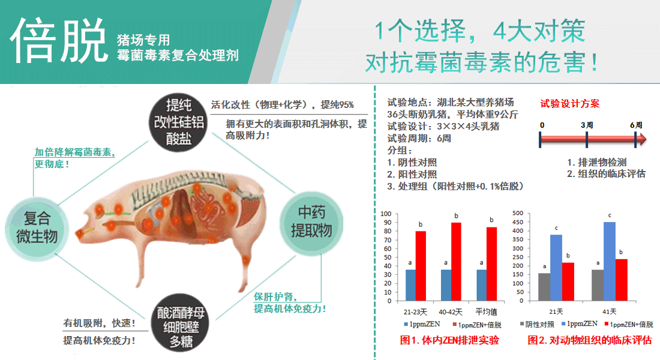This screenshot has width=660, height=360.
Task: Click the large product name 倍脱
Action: tap(59, 40)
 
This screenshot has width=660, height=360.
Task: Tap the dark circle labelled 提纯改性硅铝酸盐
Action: tap(178, 122)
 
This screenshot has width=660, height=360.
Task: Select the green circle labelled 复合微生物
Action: tap(37, 228)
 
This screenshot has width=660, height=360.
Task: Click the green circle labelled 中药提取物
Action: tap(311, 222)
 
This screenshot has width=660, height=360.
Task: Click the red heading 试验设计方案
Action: tap(569, 104)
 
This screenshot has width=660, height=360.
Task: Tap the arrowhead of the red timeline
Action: tap(643, 139)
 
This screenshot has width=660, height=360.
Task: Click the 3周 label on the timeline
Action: tap(587, 125)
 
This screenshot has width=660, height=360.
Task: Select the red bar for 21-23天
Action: tap(421, 266)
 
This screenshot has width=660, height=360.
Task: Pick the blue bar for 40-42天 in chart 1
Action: tap(446, 285)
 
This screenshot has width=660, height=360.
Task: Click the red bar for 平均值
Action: tap(491, 264)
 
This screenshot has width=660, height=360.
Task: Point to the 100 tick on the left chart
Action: tap(386, 214)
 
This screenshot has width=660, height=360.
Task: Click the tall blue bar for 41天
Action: tap(610, 262)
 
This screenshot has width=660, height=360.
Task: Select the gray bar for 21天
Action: tap(544, 287)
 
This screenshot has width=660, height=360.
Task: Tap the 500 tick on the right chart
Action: tap(518, 213)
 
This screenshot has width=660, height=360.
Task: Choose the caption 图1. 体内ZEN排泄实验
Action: tap(449, 340)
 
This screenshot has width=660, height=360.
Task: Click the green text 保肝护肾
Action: tap(275, 296)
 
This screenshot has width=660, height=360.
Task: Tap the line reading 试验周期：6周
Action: tap(419, 138)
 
